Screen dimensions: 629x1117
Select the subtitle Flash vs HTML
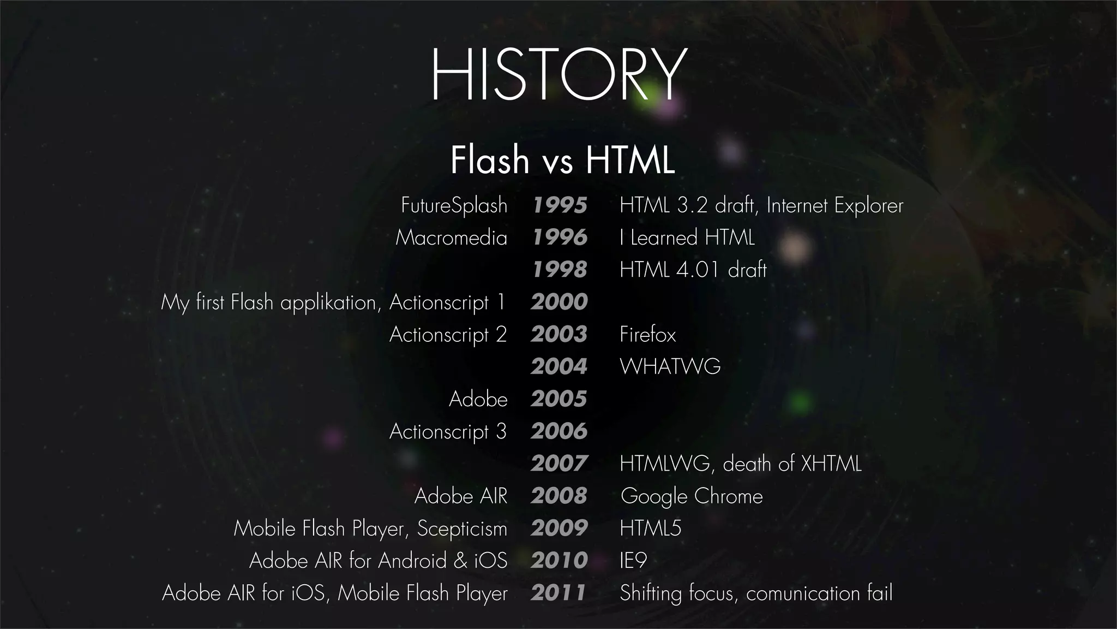tap(562, 159)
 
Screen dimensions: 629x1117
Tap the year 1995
tap(560, 205)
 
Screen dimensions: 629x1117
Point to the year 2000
tap(559, 302)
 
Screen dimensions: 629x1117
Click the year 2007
tap(559, 464)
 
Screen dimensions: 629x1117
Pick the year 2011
tap(558, 593)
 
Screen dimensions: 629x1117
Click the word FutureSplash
tap(454, 205)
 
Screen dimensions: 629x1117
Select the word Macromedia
tap(451, 238)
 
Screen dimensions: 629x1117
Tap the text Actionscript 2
tap(448, 335)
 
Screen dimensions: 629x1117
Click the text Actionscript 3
tap(448, 431)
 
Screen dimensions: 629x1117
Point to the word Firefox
tap(647, 335)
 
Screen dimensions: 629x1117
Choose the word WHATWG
tap(670, 366)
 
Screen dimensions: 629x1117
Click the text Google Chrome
tap(692, 496)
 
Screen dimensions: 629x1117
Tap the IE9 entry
tap(633, 561)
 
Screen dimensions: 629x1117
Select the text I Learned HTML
tap(687, 238)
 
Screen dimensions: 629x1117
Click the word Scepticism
tap(462, 529)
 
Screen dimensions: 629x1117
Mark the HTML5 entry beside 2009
tap(651, 529)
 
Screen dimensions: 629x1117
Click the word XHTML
tap(831, 464)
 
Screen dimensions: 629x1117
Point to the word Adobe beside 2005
tap(478, 399)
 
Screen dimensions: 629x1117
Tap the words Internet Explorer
tap(834, 205)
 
